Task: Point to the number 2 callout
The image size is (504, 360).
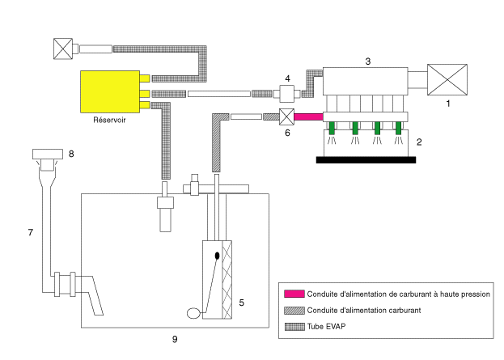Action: point(417,142)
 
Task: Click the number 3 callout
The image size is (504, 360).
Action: point(367,61)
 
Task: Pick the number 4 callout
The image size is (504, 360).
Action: point(286,78)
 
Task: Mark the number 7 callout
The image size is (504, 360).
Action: point(30,233)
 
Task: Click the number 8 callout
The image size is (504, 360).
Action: point(70,151)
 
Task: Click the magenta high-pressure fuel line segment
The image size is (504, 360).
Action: point(308,117)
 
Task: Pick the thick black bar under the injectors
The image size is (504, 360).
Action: point(366,159)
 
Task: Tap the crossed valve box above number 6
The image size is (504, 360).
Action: point(285,116)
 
